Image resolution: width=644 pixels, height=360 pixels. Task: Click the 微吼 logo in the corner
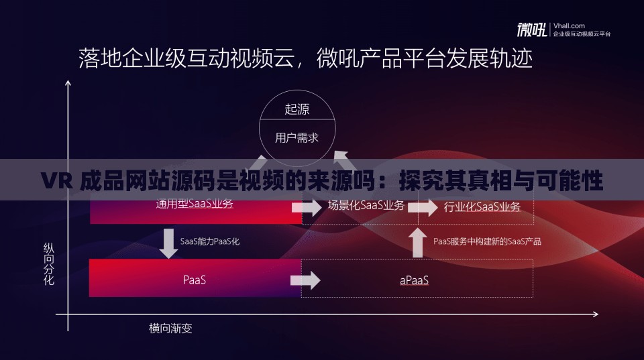531,30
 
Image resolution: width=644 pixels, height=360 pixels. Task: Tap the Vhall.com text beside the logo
569,25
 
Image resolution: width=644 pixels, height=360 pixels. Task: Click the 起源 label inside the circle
297,109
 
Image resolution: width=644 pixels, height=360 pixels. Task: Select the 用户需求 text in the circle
297,138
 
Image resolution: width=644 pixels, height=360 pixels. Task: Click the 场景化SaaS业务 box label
366,206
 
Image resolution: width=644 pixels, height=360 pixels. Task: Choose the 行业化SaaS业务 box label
482,207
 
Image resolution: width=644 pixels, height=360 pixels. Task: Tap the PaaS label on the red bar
195,280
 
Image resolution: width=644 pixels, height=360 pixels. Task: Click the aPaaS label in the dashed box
414,280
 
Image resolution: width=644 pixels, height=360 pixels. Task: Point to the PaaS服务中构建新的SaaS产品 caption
487,241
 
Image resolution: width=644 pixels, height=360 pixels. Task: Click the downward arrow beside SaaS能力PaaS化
167,243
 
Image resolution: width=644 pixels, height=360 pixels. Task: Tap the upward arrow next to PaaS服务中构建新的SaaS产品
418,242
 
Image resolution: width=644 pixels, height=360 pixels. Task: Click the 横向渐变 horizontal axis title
170,328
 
